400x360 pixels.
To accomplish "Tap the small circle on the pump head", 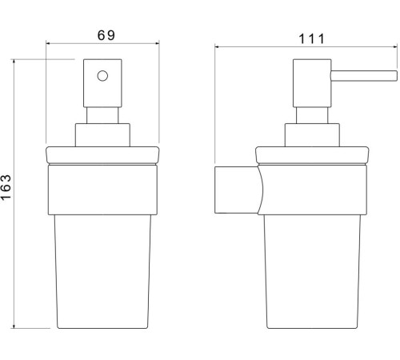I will (x=102, y=78).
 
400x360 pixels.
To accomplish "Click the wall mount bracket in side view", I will (x=236, y=191).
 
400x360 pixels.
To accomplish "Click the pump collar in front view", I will (x=102, y=134).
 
